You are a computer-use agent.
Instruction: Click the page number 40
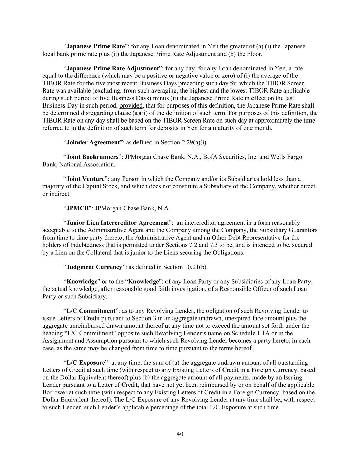(180, 434)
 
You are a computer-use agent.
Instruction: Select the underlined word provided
(131, 105)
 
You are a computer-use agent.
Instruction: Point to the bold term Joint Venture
(85, 179)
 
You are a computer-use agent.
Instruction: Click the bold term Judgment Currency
(94, 267)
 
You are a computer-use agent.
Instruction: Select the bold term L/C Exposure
(85, 363)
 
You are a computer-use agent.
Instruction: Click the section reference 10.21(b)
(196, 267)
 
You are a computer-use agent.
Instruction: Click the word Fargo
(294, 157)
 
